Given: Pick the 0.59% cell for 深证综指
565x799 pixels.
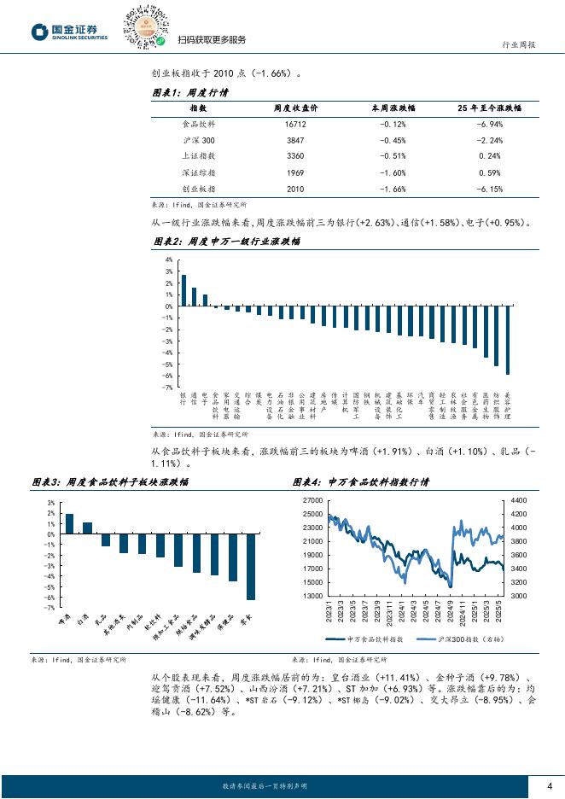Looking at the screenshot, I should pos(490,172).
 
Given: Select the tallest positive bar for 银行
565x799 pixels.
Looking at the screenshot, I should pos(183,290).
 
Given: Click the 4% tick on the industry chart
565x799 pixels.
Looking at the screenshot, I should pos(168,260).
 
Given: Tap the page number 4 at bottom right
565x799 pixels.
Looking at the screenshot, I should pos(550,786).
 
